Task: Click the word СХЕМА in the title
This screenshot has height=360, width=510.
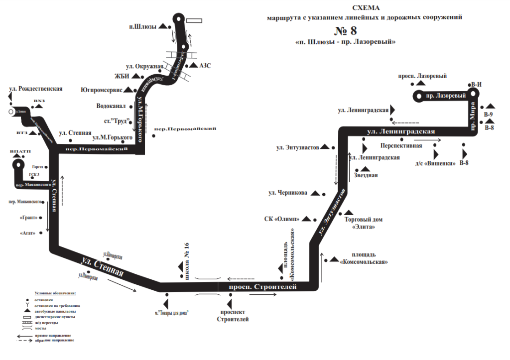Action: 366,8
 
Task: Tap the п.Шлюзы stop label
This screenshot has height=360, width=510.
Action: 142,27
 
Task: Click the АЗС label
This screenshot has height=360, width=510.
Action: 205,66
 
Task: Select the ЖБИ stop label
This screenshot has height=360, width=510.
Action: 122,76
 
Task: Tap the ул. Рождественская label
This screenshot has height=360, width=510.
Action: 36,89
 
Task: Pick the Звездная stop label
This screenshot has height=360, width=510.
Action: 366,175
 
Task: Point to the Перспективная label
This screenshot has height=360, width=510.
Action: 401,146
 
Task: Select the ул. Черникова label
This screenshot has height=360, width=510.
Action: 288,193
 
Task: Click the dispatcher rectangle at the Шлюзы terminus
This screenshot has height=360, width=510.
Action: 194,20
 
